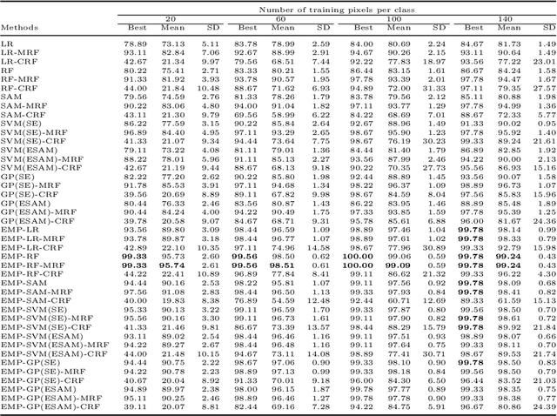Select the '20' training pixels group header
click(171, 17)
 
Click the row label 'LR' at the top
click(7, 43)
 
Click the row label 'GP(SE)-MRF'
click(27, 185)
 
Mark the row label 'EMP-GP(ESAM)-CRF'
click(41, 406)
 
